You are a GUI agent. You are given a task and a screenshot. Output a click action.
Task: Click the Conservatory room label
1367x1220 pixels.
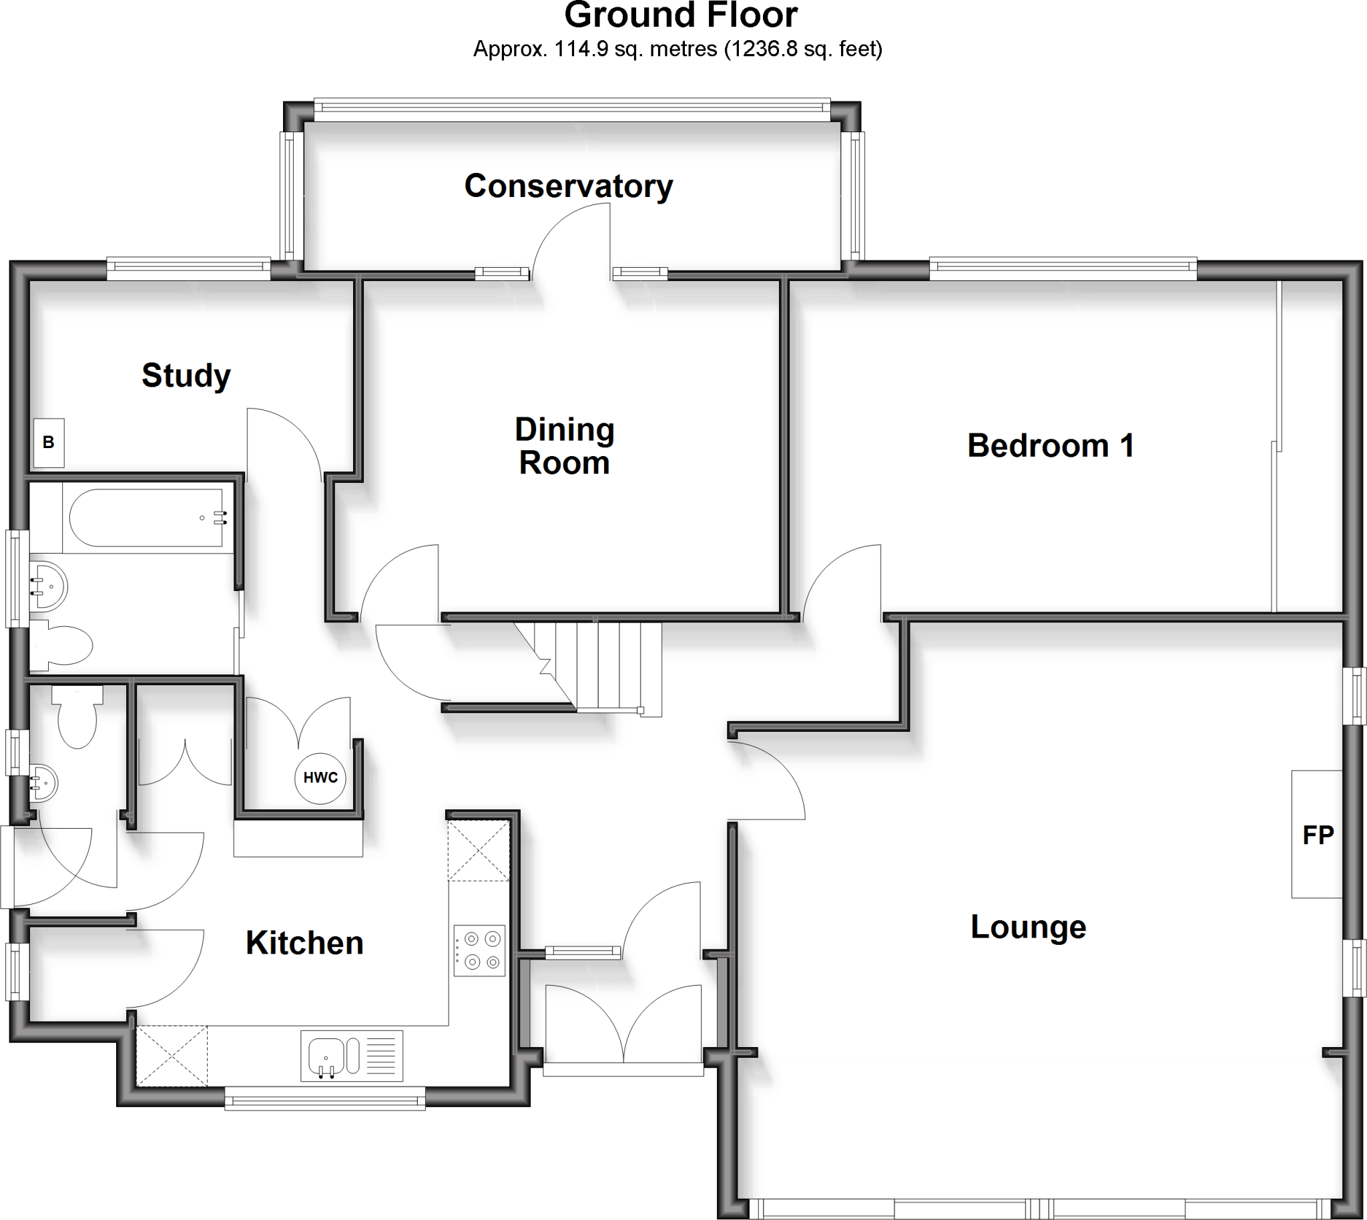(x=568, y=186)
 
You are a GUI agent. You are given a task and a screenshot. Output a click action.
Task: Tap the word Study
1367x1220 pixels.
(x=186, y=375)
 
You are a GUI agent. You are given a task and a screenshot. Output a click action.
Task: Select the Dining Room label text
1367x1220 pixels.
(x=564, y=447)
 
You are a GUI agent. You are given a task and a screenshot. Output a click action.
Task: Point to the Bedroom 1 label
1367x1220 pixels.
(x=1050, y=446)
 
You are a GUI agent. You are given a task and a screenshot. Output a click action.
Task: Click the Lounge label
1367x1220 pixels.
(x=1028, y=927)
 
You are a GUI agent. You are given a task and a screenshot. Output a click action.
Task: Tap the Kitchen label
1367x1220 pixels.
(x=304, y=943)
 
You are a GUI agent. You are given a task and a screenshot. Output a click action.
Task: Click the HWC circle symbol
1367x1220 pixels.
(x=320, y=777)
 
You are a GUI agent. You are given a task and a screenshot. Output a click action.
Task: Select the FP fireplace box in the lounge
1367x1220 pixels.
(x=1317, y=835)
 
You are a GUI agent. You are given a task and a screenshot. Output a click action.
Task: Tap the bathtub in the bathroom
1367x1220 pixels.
(x=148, y=518)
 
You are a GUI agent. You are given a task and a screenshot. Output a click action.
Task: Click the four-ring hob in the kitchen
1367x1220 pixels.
(x=479, y=950)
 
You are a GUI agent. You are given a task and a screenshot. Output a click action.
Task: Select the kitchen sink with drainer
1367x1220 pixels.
(x=351, y=1056)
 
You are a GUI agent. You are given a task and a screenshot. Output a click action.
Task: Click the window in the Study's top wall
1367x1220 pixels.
(x=188, y=270)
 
